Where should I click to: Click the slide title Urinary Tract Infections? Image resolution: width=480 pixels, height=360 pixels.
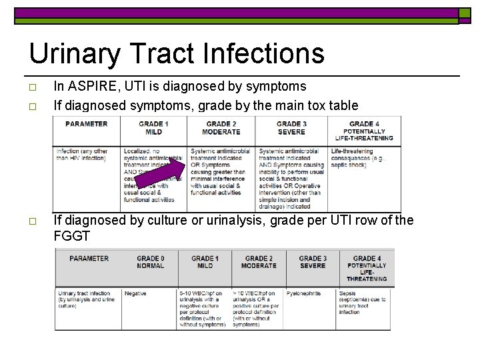click(177, 53)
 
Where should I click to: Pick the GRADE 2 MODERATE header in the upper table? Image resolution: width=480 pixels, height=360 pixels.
click(222, 127)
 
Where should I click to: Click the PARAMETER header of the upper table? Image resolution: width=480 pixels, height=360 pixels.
click(86, 123)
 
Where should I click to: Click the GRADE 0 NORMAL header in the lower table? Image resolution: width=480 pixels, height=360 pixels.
click(151, 262)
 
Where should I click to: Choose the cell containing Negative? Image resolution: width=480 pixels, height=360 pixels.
click(135, 293)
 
